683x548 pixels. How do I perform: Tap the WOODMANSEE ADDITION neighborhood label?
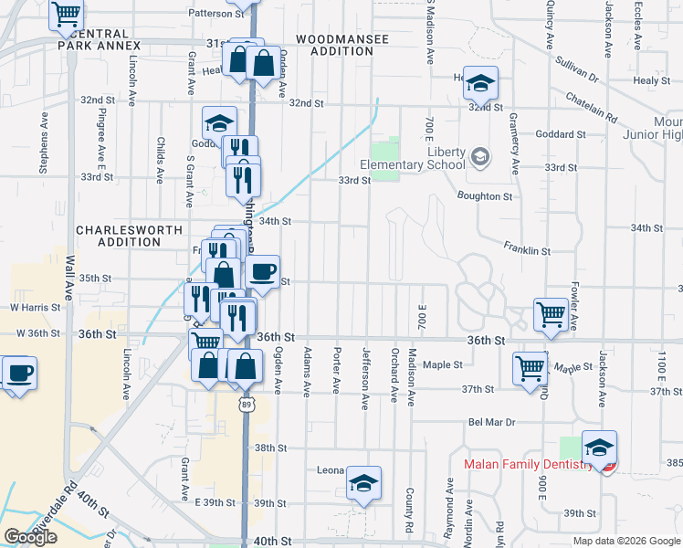pyautogui.click(x=336, y=47)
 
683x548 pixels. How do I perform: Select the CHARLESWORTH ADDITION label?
pyautogui.click(x=119, y=236)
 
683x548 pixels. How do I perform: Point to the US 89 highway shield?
pyautogui.click(x=246, y=403)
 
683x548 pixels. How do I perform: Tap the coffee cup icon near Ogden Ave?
pyautogui.click(x=263, y=271)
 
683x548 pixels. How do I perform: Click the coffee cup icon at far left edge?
pyautogui.click(x=19, y=373)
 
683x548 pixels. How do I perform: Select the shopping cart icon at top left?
pyautogui.click(x=67, y=15)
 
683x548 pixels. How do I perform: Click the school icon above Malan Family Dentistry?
pyautogui.click(x=599, y=447)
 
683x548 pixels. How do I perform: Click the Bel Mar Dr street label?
pyautogui.click(x=492, y=423)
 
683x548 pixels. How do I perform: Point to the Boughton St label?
pyautogui.click(x=485, y=196)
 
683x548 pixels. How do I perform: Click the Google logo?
pyautogui.click(x=30, y=537)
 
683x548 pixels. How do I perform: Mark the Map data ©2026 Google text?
pyautogui.click(x=625, y=541)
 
